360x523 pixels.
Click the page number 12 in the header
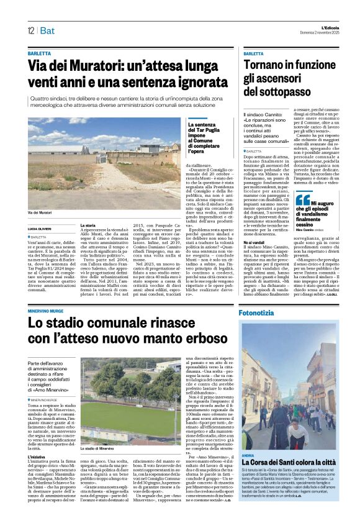tap(30, 30)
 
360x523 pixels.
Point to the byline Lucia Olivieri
tap(40, 230)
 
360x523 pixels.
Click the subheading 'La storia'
tap(88, 225)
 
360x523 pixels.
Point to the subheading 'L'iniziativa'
tap(38, 457)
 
